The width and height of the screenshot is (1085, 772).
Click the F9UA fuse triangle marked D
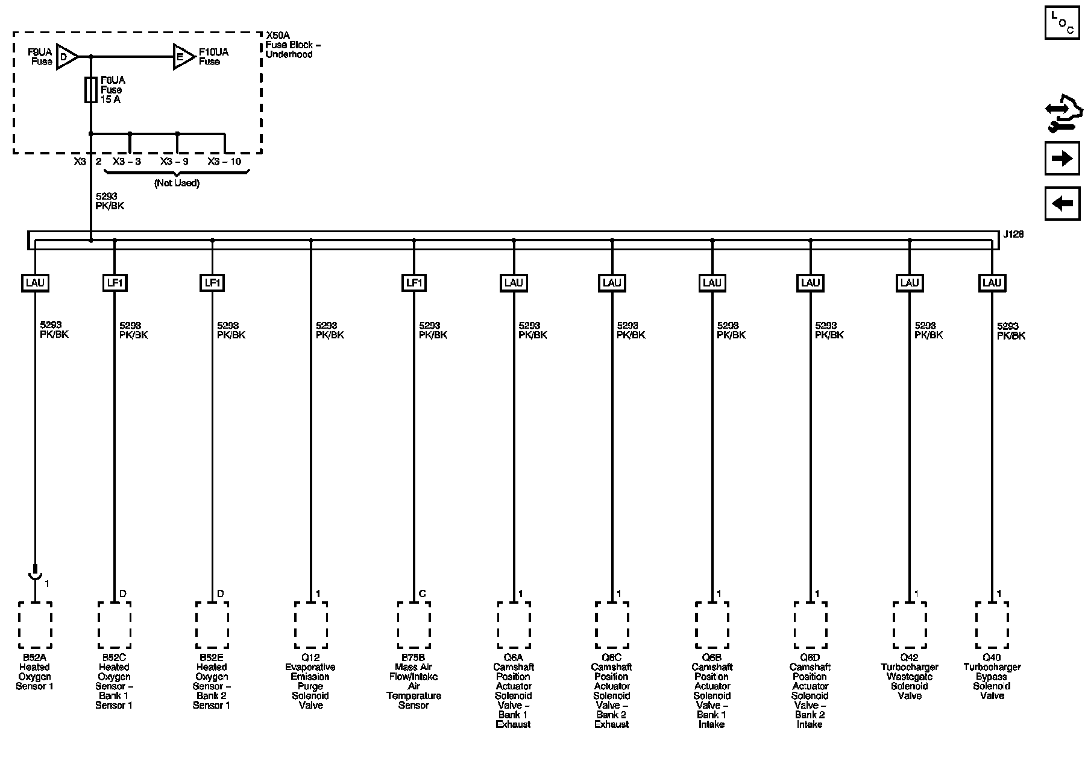(66, 57)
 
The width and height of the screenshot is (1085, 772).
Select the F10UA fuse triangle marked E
(183, 57)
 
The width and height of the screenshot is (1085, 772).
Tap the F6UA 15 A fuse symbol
(91, 90)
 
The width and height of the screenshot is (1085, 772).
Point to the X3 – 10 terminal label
(224, 162)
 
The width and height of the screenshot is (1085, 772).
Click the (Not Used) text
(177, 183)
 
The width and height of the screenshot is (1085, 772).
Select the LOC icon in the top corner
(1061, 22)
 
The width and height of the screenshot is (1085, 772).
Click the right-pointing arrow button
(1061, 159)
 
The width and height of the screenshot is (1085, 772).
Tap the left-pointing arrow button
(1061, 203)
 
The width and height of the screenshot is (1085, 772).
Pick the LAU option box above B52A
(35, 282)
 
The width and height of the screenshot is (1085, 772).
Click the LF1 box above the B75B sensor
(414, 282)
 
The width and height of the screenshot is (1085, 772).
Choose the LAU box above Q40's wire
(992, 282)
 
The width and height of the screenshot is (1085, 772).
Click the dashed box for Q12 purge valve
(310, 625)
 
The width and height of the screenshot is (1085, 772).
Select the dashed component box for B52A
(35, 625)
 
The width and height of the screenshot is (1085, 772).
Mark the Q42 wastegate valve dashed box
(909, 625)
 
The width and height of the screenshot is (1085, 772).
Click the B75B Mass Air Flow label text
(414, 681)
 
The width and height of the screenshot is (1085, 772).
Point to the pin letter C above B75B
(422, 594)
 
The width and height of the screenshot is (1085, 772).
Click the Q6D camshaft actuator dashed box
(810, 625)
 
